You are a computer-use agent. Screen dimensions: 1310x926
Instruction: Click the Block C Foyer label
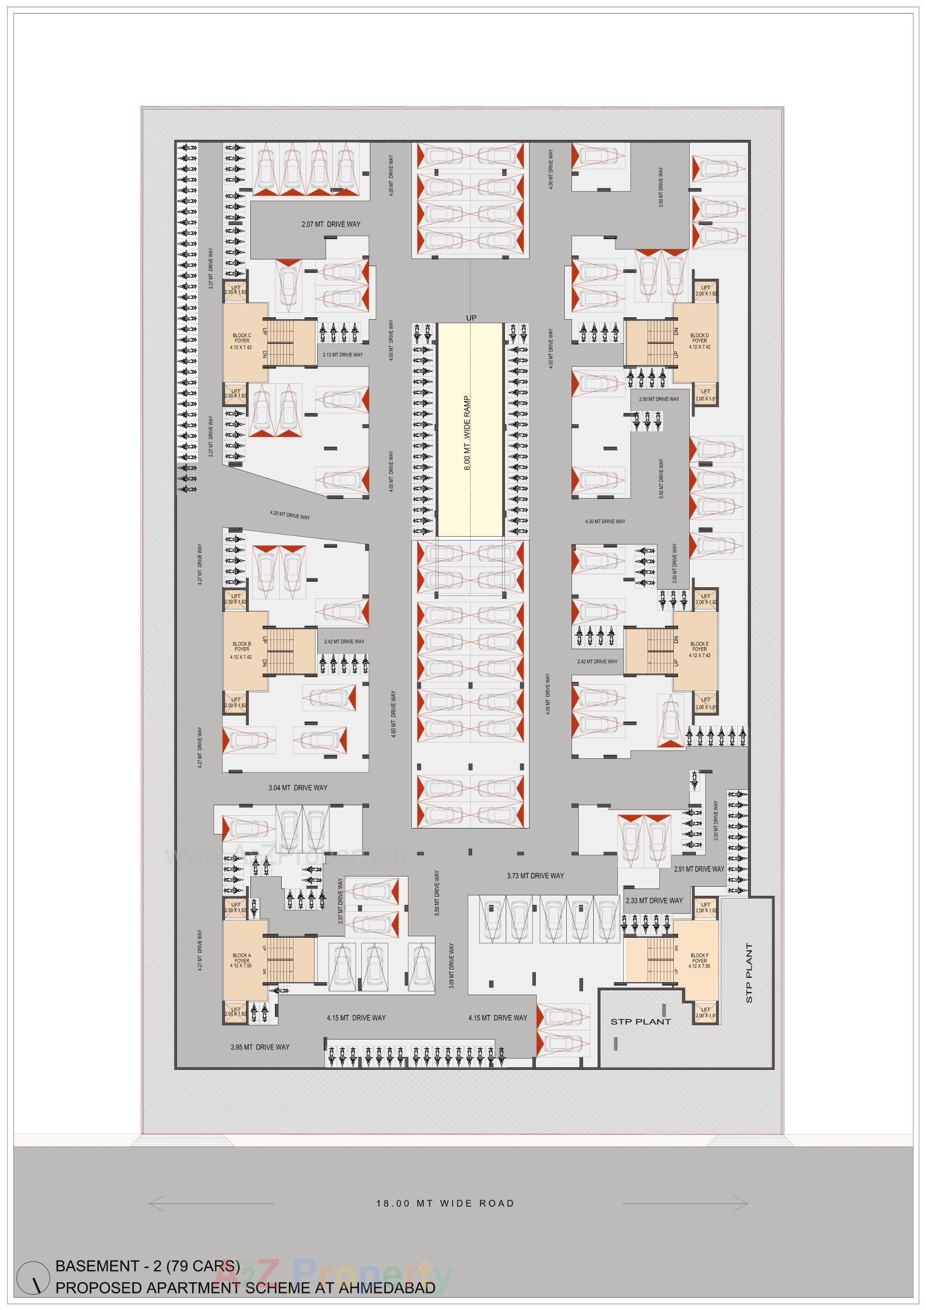[x=242, y=340]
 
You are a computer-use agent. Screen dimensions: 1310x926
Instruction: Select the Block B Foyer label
[x=242, y=650]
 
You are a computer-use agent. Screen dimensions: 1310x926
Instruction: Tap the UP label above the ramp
[x=471, y=317]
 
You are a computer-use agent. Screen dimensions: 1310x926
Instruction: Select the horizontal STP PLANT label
[x=640, y=1021]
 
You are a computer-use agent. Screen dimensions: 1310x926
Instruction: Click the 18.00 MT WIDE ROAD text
[x=445, y=1204]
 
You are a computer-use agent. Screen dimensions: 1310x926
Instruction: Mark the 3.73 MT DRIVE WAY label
[x=535, y=876]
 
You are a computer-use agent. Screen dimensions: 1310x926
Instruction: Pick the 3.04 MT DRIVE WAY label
[x=298, y=787]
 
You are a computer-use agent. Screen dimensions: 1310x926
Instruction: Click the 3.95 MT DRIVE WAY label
[x=260, y=1047]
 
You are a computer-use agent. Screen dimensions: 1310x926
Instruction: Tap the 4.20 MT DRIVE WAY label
[x=290, y=516]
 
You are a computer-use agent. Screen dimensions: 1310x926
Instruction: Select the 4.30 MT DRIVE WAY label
[x=605, y=522]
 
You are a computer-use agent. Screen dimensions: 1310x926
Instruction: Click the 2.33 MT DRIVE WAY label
[x=654, y=900]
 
